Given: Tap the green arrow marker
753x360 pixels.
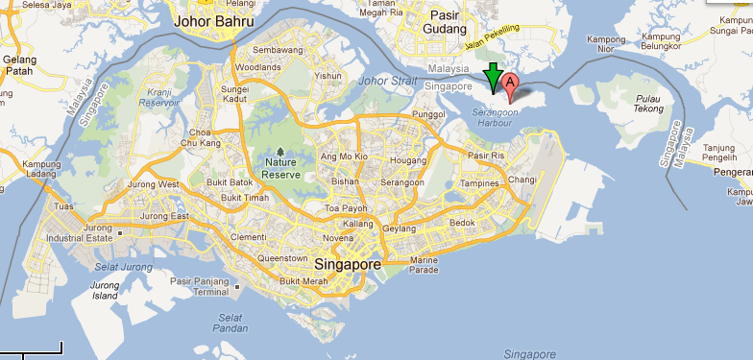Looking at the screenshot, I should click(493, 76).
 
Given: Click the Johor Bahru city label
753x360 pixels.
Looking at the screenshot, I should click(213, 20).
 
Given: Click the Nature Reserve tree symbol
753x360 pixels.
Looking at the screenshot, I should click(280, 152).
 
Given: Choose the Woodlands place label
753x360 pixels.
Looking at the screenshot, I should click(257, 67).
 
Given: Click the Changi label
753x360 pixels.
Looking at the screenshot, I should click(522, 180).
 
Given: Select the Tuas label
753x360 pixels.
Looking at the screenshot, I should click(64, 205).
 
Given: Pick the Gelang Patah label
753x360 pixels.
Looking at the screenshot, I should click(19, 64).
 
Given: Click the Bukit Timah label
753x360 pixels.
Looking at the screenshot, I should click(244, 198).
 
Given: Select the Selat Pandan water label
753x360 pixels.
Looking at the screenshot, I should click(229, 323).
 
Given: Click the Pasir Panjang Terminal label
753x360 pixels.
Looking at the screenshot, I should click(200, 286).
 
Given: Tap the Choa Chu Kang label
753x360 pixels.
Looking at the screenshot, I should click(200, 138).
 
